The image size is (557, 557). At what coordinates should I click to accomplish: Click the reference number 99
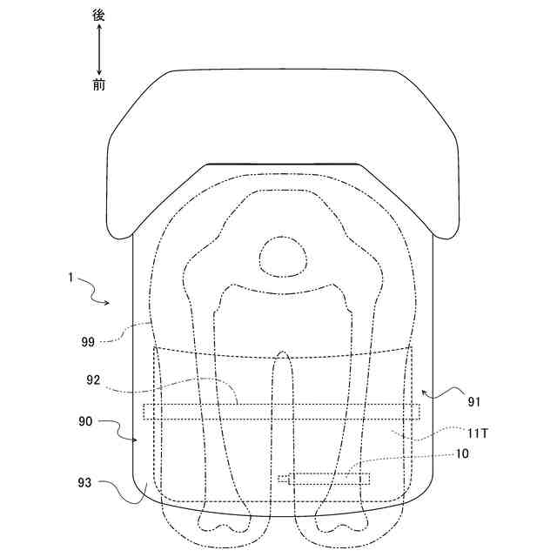pyautogui.click(x=88, y=342)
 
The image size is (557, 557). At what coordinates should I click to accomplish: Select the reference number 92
pyautogui.click(x=93, y=380)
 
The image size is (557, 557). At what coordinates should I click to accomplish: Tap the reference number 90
pyautogui.click(x=85, y=421)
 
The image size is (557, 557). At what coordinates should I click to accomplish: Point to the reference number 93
pyautogui.click(x=84, y=483)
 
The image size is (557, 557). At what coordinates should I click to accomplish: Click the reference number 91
pyautogui.click(x=474, y=402)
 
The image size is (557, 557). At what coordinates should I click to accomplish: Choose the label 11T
pyautogui.click(x=477, y=433)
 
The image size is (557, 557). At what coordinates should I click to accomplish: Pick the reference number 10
pyautogui.click(x=462, y=453)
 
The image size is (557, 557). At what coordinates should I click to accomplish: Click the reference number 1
pyautogui.click(x=70, y=278)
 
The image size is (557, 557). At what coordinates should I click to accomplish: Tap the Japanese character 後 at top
pyautogui.click(x=98, y=15)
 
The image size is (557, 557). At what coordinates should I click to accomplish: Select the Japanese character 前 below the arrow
pyautogui.click(x=99, y=84)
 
